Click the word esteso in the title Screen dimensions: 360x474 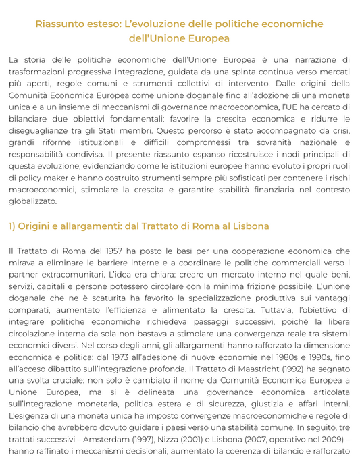click(x=101, y=24)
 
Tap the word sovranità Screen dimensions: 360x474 click(x=251, y=143)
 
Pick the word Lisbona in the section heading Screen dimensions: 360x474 click(x=247, y=226)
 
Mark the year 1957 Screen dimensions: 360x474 click(x=97, y=251)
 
